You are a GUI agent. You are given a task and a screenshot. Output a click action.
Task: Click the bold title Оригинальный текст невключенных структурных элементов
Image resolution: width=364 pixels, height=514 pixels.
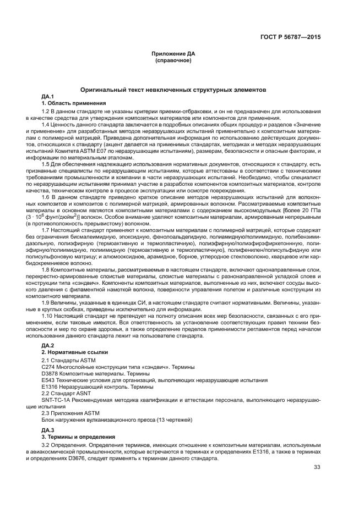tap(173, 89)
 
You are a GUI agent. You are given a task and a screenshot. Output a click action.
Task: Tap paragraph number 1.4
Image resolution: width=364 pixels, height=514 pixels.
tap(46, 125)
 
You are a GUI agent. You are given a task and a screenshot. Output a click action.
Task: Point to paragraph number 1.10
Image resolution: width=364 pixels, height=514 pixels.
tap(47, 317)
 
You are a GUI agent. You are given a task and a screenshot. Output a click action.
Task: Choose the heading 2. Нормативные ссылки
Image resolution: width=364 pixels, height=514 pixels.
tap(75, 351)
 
